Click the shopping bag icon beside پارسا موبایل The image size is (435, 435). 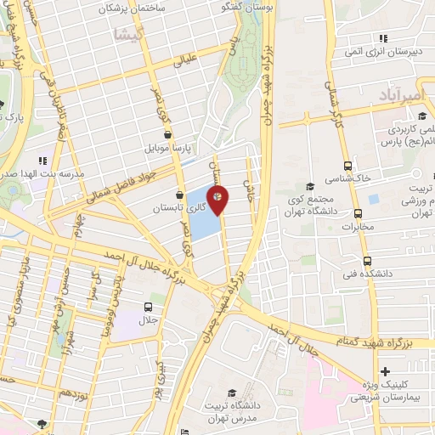[x=168, y=134]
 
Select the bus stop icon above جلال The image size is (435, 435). [x=149, y=307]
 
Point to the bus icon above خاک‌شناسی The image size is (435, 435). [x=347, y=167]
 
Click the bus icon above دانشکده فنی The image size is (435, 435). [x=366, y=261]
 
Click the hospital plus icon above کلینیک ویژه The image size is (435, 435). [x=386, y=371]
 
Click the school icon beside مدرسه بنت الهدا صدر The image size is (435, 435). [x=41, y=160]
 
